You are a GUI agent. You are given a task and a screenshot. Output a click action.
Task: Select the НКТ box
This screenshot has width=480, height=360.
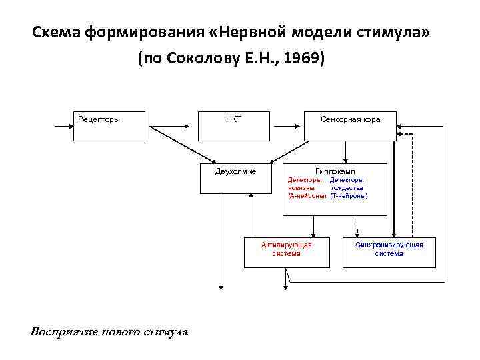click(x=234, y=125)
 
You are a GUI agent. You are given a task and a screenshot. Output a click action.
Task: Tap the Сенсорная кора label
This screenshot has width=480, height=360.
click(x=350, y=120)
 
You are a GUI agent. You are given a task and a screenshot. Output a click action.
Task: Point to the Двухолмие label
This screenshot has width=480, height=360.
click(x=235, y=171)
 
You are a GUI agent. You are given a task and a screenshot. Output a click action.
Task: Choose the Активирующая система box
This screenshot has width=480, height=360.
click(x=286, y=253)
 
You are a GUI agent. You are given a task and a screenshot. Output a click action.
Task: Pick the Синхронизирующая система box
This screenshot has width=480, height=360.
click(x=389, y=253)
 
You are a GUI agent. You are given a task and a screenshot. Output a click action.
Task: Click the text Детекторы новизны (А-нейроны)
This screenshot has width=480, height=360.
click(x=307, y=188)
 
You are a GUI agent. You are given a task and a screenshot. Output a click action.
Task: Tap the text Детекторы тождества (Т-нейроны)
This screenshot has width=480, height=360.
click(x=349, y=188)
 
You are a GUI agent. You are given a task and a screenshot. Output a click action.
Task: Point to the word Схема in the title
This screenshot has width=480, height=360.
click(x=57, y=33)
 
